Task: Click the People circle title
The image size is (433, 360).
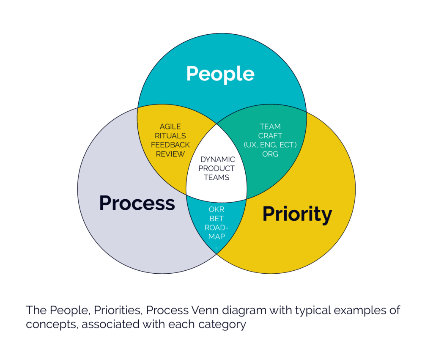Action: pos(220,74)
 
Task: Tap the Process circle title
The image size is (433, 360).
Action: pos(137,203)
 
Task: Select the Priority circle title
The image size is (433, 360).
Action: pos(297,214)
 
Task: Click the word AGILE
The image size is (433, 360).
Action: pos(170,126)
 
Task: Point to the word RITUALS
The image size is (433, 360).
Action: pos(170,136)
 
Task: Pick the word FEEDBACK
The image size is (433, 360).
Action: pos(170,145)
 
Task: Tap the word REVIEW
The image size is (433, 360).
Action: pos(170,154)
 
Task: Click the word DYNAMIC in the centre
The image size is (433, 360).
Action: pos(218,159)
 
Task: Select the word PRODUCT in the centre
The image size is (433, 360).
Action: pos(216,168)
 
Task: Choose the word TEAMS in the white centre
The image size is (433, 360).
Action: pos(216,177)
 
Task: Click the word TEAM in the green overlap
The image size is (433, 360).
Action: pos(270,126)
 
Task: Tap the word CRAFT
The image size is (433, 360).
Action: pos(270,136)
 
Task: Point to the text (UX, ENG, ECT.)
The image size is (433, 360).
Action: pos(270,145)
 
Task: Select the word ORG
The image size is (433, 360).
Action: pos(270,154)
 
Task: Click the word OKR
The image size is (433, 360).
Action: pos(216,209)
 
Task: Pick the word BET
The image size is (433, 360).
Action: pos(216,219)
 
